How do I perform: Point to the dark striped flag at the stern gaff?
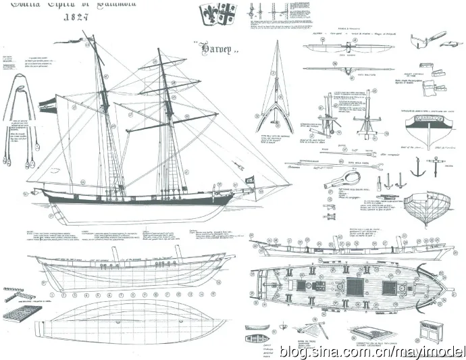tap(46, 103)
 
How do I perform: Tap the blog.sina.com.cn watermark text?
tap(365, 350)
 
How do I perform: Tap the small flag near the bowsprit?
tap(248, 179)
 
